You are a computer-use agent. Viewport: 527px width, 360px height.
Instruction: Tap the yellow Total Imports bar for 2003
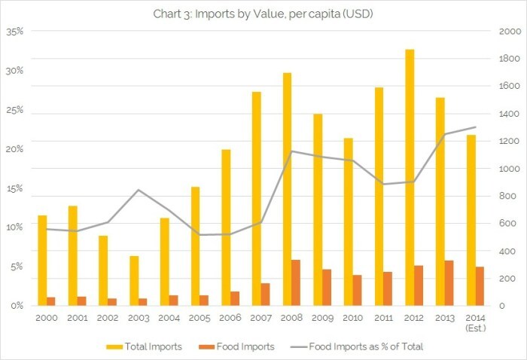[x=134, y=281]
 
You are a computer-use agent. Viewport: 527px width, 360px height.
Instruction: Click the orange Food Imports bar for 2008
[x=295, y=283]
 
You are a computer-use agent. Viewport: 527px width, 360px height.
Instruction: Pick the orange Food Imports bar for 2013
[x=449, y=283]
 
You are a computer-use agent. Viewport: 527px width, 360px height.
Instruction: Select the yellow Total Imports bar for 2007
[x=257, y=199]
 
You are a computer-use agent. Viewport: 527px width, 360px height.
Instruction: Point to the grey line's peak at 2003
[x=139, y=190]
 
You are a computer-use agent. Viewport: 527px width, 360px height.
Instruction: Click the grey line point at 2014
[x=475, y=127]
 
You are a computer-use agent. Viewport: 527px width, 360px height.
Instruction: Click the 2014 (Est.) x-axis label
[x=474, y=322]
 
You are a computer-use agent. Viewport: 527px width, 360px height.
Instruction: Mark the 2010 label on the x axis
[x=352, y=318]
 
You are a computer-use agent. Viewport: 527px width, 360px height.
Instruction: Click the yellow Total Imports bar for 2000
[x=42, y=261]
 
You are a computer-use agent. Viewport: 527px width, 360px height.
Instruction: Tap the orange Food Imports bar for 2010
[x=357, y=291]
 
